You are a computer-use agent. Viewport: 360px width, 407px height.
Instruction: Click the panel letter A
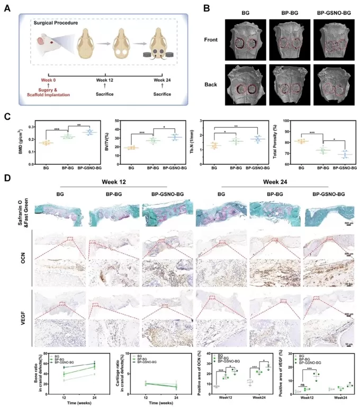[7, 9]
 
